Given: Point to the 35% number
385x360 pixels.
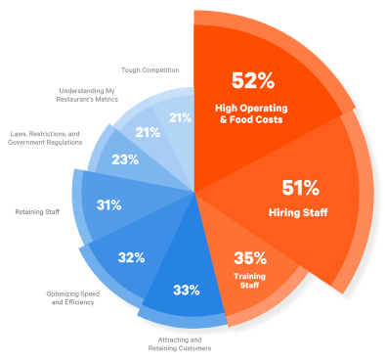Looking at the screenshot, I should pyautogui.click(x=250, y=258).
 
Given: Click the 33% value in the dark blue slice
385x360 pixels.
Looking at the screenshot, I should pyautogui.click(x=186, y=290).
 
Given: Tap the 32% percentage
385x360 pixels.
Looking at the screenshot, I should pyautogui.click(x=131, y=257).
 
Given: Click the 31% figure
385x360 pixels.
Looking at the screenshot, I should pyautogui.click(x=108, y=205).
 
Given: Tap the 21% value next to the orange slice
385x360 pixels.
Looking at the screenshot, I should pyautogui.click(x=180, y=117).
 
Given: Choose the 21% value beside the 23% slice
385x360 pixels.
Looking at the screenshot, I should pyautogui.click(x=147, y=132).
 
